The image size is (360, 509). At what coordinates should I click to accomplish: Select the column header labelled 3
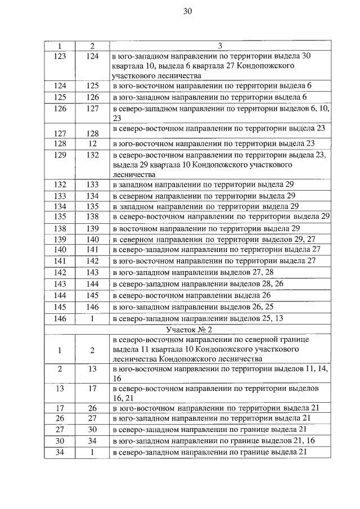[x=220, y=45]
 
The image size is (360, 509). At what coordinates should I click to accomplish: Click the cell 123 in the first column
[x=60, y=56]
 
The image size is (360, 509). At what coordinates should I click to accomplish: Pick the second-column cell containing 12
[x=93, y=143]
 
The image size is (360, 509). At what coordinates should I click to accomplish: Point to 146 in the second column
[x=93, y=307]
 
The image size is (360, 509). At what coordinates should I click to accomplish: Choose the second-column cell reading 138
[x=93, y=217]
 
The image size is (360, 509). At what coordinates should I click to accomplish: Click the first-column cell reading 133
[x=60, y=196]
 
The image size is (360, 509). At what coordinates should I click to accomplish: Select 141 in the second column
[x=93, y=249]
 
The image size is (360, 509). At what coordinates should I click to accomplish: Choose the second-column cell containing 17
[x=93, y=388]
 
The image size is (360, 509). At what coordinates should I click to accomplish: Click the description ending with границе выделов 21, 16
[x=213, y=441]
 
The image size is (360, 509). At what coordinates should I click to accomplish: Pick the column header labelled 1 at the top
[x=60, y=45]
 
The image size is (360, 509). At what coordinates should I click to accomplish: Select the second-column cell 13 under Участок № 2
[x=93, y=369]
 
